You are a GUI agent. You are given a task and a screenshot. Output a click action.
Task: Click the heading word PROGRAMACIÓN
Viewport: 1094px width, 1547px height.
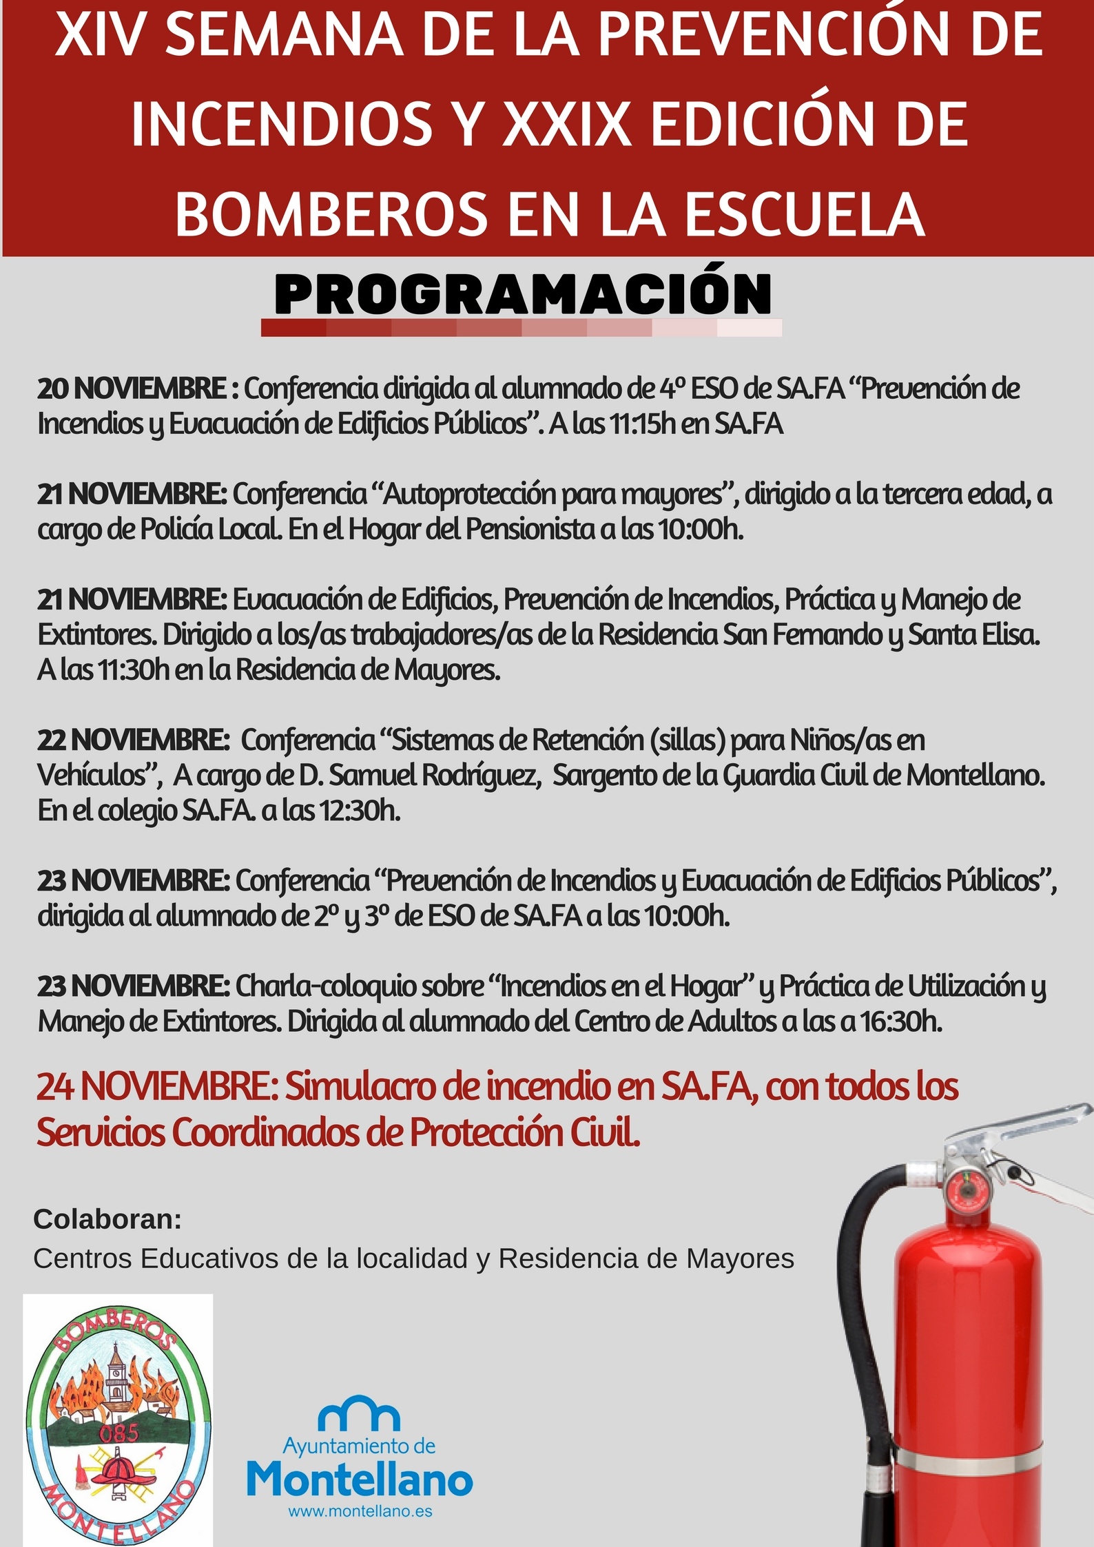click(x=522, y=295)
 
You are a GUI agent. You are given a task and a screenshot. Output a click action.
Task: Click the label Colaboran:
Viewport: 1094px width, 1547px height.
click(x=107, y=1219)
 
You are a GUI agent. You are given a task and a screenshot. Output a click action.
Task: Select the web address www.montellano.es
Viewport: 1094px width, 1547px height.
click(x=360, y=1511)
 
